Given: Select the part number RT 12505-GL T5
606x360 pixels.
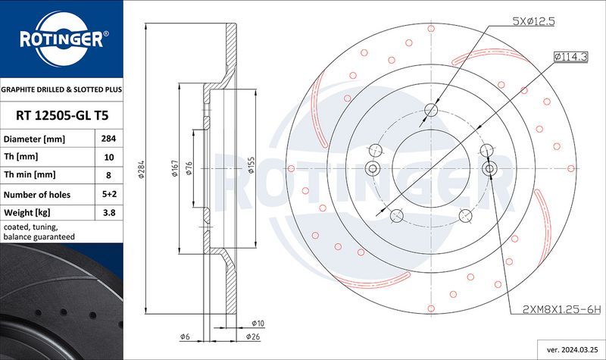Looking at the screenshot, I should (61, 116).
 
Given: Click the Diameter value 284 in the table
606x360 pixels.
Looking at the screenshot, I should (108, 139).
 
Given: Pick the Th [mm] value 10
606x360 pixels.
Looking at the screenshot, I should (108, 158).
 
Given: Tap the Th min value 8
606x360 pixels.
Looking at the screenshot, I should (108, 176).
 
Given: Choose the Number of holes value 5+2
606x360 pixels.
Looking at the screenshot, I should (108, 195).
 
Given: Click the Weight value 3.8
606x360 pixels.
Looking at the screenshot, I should (108, 213).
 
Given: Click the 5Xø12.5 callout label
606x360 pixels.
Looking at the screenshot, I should (534, 22).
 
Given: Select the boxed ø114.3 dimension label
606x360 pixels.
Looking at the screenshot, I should (572, 55).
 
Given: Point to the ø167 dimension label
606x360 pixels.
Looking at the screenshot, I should (175, 169).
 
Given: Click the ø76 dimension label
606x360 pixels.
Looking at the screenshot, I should (189, 169).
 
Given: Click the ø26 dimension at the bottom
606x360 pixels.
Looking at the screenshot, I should (254, 336).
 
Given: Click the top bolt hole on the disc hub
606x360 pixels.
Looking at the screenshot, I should (430, 111).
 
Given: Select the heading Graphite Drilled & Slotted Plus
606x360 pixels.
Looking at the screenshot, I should (61, 89).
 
